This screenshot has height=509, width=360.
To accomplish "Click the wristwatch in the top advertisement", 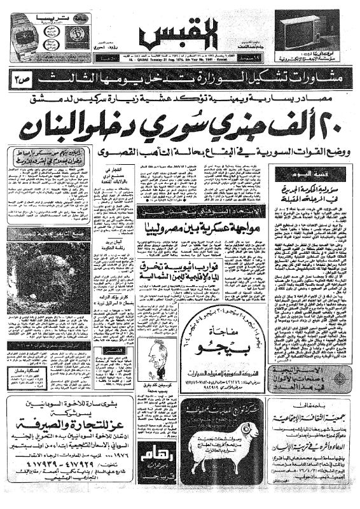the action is point(27,35).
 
